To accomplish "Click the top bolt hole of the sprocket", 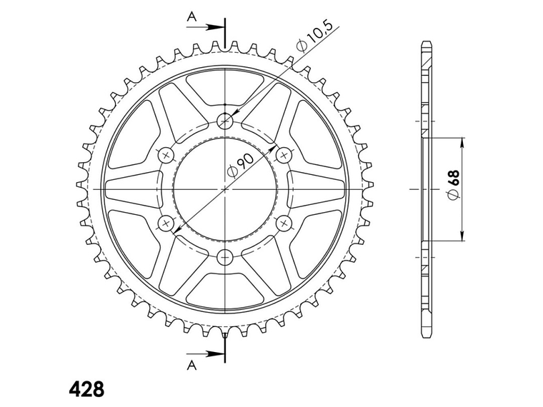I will (226, 121).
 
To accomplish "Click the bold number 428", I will (86, 390).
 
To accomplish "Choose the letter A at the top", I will (191, 15).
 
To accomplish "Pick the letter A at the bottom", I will (191, 366).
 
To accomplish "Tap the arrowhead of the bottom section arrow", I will (219, 353).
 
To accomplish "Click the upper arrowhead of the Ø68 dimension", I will (464, 141).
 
